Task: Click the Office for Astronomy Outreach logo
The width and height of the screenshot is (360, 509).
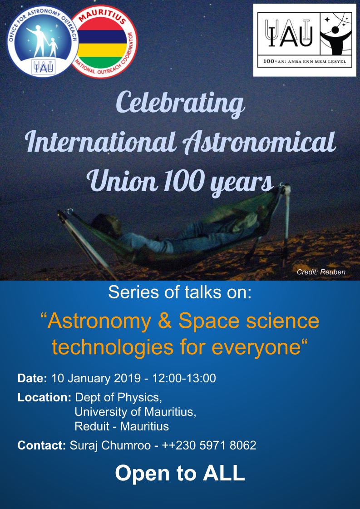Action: (43, 41)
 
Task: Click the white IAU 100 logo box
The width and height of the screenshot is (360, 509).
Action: (305, 40)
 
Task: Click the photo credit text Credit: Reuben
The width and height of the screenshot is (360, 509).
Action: (321, 272)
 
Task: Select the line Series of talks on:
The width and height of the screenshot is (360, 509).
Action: (180, 292)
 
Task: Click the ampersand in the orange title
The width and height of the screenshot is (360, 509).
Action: (165, 321)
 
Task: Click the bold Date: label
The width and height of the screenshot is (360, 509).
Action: (33, 379)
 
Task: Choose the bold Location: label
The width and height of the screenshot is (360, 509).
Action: (44, 397)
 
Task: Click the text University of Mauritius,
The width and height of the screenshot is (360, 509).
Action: (135, 412)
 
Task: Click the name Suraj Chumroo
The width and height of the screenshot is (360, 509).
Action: (110, 445)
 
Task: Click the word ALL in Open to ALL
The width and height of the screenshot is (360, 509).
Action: (224, 473)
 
